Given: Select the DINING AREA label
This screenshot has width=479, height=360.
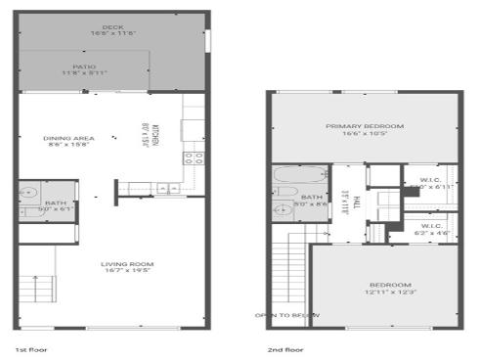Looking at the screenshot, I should [68, 138].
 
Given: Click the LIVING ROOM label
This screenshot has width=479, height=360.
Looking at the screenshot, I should [128, 264].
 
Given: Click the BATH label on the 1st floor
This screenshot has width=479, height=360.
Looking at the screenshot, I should [28, 202].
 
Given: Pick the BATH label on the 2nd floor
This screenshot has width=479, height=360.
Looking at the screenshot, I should [313, 198].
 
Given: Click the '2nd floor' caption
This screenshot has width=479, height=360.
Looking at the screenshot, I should [285, 348].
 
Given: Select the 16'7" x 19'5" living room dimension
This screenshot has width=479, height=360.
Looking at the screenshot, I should [128, 271].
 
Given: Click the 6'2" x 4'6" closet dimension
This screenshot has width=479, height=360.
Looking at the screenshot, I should [431, 233].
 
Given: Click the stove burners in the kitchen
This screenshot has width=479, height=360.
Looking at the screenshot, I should [194, 156].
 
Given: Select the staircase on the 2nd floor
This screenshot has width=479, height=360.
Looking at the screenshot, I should [291, 275].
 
